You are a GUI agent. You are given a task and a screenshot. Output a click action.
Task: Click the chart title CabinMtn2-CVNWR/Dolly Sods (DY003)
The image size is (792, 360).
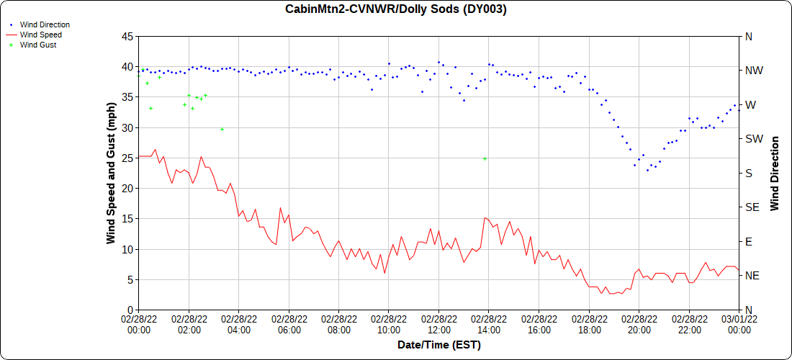coord(395,9)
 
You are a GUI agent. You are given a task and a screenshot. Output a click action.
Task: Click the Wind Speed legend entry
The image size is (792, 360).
coord(40,35)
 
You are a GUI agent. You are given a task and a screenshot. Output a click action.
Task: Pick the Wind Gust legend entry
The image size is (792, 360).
coord(38,45)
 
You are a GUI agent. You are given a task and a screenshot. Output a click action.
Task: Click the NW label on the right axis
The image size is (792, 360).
coord(754,71)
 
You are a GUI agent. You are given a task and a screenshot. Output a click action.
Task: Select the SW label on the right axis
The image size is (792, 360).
coord(754,139)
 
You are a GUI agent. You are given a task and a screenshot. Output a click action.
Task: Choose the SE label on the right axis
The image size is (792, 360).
coord(753,207)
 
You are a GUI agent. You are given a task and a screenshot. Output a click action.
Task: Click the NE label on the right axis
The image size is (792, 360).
coord(753,276)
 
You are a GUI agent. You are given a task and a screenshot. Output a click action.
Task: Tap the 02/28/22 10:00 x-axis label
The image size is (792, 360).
coord(389,324)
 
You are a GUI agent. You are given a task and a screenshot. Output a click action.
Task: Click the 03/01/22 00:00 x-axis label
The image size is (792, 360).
coord(739,324)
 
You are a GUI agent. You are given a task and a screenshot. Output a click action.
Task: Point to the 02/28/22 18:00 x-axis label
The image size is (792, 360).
coord(589,324)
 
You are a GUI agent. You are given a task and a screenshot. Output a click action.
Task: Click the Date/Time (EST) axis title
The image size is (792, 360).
coord(438,345)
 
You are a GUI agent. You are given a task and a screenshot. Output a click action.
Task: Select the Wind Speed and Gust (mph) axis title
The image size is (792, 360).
coord(111,173)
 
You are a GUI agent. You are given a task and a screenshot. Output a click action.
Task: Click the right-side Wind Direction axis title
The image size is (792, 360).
coord(775,173)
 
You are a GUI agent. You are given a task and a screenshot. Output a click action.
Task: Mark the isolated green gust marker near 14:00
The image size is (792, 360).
coord(485,158)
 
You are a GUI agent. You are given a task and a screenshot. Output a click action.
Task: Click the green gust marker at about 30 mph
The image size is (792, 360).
coord(222,129)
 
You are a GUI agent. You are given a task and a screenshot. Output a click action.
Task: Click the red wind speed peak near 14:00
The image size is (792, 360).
coord(486,217)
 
